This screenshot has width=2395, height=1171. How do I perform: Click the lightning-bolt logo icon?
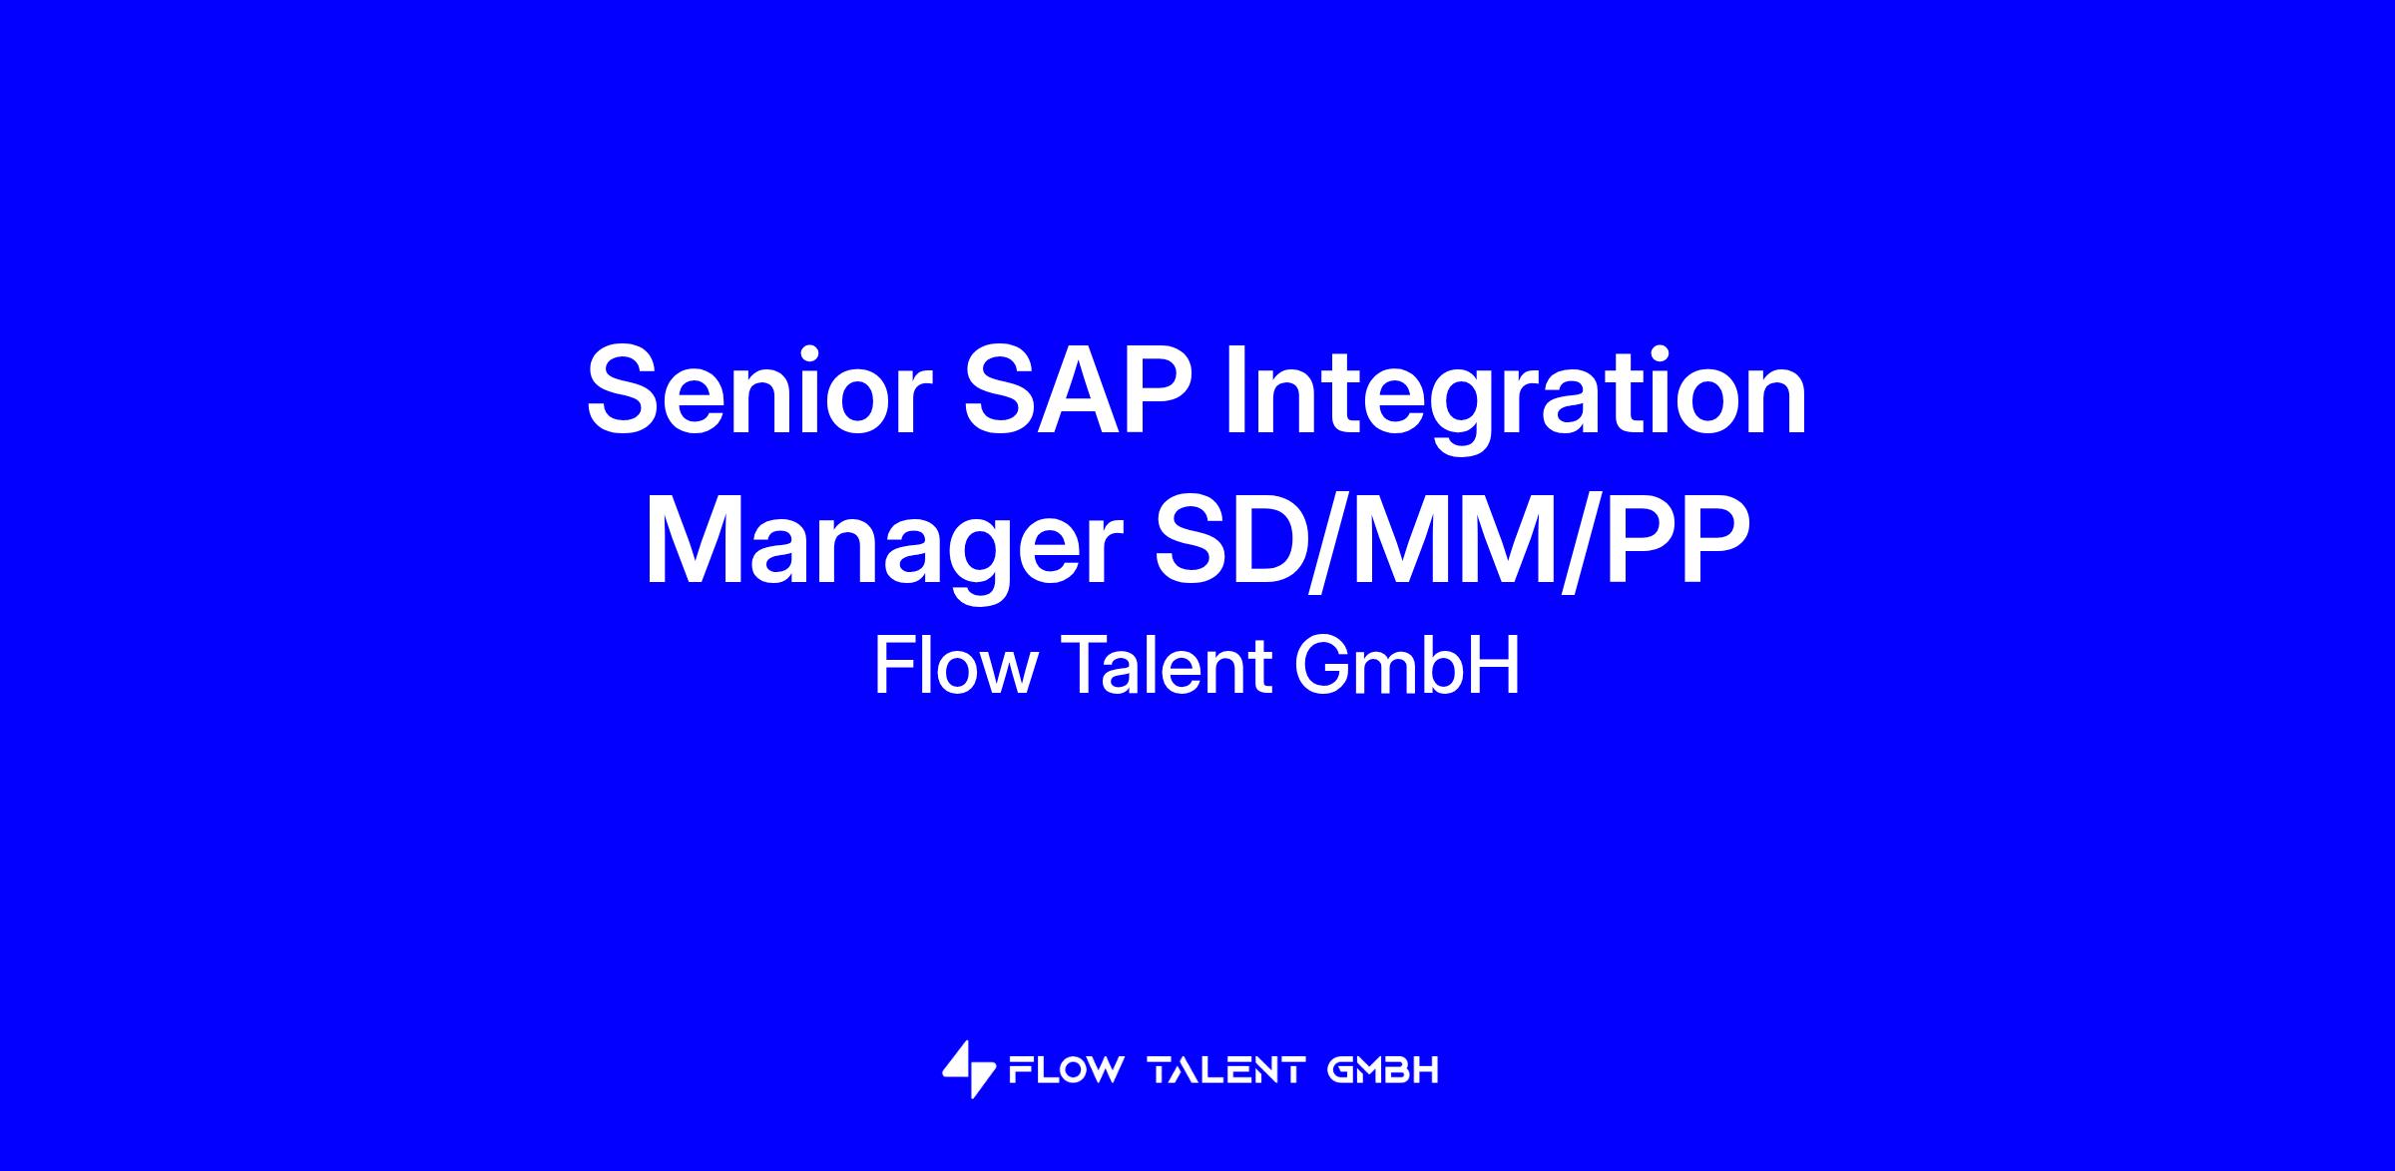[969, 1070]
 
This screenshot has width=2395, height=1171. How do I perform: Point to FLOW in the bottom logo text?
[1066, 1071]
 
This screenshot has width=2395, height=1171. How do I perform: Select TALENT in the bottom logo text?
[1227, 1071]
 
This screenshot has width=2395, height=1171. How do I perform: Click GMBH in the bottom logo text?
[1383, 1071]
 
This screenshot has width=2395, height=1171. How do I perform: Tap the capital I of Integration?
[1234, 390]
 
